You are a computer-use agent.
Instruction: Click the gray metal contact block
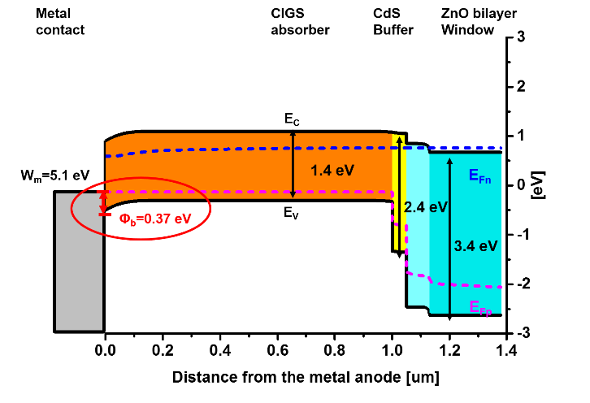80,262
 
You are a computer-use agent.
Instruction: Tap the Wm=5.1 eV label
55,175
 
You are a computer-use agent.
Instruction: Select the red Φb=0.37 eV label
155,219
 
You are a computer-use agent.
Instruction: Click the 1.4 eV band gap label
332,171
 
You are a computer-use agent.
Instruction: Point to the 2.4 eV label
426,207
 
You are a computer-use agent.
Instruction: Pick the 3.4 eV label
476,246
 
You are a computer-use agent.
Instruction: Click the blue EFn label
480,176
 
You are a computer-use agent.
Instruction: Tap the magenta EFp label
481,308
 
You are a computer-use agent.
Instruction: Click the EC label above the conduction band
292,119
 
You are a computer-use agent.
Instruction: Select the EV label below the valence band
291,214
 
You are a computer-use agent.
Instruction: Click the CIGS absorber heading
300,21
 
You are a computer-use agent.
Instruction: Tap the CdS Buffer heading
393,21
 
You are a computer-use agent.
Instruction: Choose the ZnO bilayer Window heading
479,21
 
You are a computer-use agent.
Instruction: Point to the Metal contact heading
60,21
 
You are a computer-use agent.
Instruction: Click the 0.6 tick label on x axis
277,351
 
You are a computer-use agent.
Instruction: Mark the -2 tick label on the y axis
521,284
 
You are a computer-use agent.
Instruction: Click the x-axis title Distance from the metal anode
306,377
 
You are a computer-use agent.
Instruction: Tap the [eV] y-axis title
538,185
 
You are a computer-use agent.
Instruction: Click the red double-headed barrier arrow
105,203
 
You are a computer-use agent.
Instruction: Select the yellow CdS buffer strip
399,192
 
